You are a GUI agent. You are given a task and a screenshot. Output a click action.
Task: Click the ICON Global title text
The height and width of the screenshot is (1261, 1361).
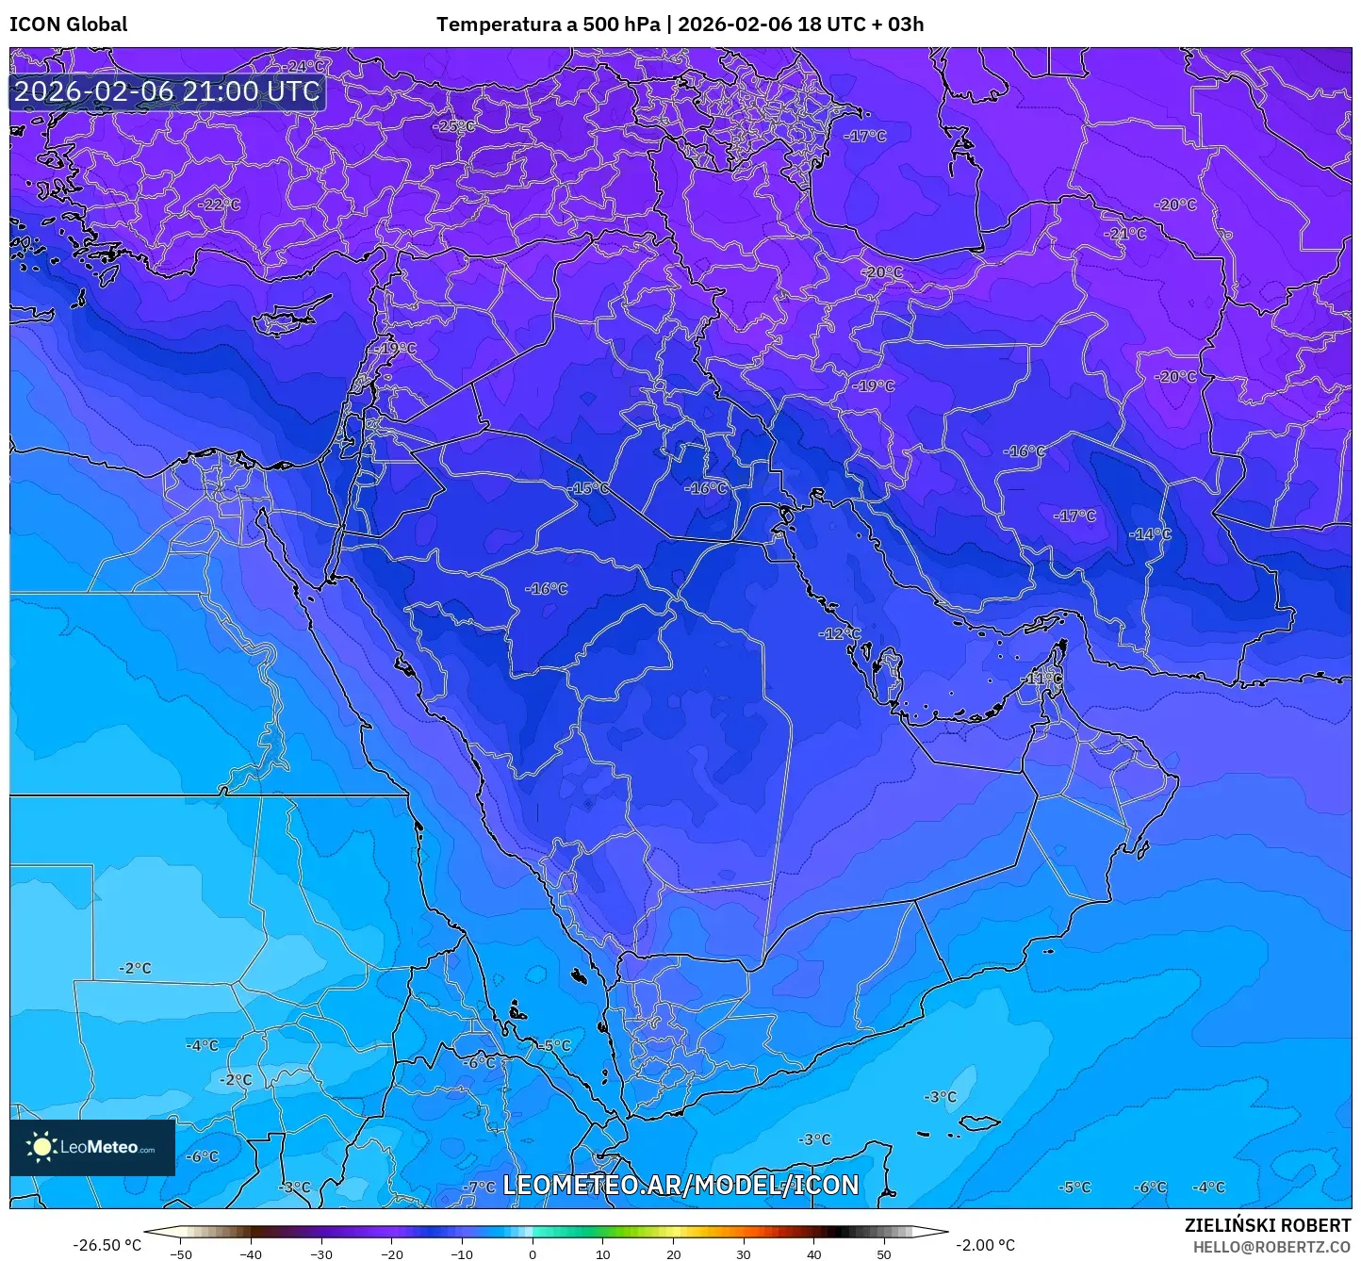coord(68,25)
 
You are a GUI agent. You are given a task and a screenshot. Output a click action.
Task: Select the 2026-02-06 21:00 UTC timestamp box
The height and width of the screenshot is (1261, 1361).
coord(167,91)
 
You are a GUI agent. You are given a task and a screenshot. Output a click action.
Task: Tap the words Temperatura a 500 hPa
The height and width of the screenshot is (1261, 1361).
coord(548,25)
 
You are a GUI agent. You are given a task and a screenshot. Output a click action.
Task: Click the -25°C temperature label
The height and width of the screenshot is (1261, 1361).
coord(454,126)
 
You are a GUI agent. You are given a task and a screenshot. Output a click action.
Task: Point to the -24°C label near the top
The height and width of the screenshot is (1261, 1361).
coord(303,67)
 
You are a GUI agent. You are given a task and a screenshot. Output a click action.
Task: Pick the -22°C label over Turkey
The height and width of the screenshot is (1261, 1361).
coord(219,205)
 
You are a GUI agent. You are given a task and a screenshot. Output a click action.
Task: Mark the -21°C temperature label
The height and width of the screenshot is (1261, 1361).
coord(1125,234)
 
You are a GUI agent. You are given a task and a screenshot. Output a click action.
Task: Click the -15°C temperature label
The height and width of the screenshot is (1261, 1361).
coord(589,488)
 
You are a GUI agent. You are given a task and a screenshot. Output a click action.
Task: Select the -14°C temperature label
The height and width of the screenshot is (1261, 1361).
coord(1150,534)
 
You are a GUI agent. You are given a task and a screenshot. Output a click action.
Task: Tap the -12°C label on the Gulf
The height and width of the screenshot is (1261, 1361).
coord(839,633)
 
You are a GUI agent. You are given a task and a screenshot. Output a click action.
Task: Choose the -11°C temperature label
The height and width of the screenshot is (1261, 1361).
coord(1041,679)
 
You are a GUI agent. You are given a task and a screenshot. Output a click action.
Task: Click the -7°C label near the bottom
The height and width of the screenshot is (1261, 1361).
coord(479,1187)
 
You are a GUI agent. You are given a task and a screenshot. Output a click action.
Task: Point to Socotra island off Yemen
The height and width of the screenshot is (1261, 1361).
coord(980,1122)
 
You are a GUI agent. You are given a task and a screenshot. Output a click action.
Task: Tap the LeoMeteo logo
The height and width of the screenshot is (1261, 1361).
coord(92,1147)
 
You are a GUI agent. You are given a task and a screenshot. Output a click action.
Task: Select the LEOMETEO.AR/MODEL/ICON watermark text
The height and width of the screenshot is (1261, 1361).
coord(680,1185)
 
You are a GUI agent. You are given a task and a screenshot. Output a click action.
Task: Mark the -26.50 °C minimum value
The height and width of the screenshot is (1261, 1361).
coord(107,1245)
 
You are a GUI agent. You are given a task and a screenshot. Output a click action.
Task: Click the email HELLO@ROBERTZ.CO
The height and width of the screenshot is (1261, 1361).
coord(1271,1246)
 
